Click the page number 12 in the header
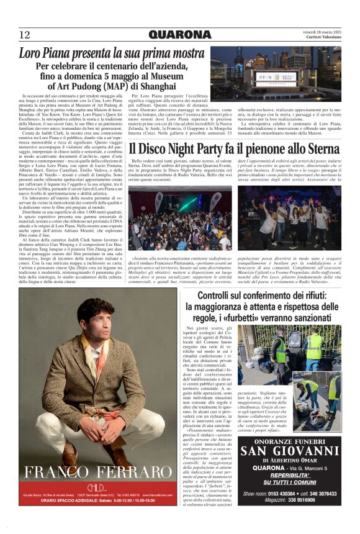point(24,35)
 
